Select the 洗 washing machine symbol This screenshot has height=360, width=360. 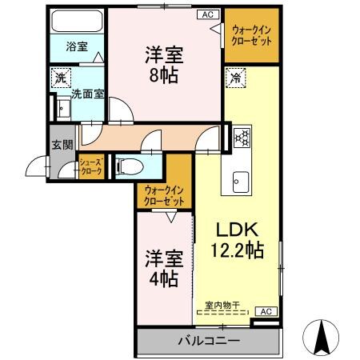click(60, 78)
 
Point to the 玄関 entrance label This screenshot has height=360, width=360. click(62, 146)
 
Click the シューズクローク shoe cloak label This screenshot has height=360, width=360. click(90, 167)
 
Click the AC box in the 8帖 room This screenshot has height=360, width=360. click(207, 14)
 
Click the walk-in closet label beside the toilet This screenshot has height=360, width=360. click(164, 194)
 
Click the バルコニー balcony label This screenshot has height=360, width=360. click(207, 342)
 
